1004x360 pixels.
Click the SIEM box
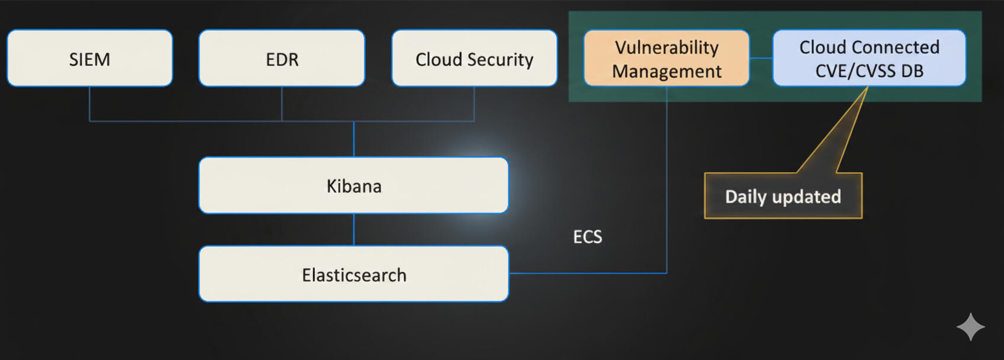pos(90,59)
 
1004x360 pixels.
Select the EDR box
pos(282,59)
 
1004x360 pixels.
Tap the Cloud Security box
pos(474,59)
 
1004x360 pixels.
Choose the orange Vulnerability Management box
pos(667,59)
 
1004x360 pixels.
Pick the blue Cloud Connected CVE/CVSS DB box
pos(869,59)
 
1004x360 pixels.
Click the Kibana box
pos(353,185)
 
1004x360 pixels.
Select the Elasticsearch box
pos(353,274)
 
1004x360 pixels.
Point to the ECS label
pos(587,237)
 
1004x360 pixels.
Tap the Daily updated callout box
pos(783,196)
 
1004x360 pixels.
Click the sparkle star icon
pos(970,327)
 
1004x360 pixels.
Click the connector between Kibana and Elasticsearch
pos(354,230)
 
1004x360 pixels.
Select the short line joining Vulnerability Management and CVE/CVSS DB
pos(761,58)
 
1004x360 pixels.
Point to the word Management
pos(667,71)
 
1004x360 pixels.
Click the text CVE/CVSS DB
pos(869,71)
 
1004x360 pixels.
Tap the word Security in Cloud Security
pos(500,59)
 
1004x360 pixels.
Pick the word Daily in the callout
pos(746,197)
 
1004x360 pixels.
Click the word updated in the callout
pos(806,197)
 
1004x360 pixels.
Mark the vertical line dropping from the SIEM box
pos(89,104)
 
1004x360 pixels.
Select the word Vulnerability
pos(667,47)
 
